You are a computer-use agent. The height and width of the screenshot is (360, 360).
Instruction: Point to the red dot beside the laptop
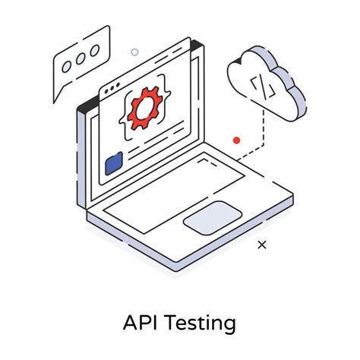point(236,141)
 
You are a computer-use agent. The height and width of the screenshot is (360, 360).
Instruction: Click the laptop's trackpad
point(213,217)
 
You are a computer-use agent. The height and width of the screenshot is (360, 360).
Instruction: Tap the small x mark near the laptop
point(262,245)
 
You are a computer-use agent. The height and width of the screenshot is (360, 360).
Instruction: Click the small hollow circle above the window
point(134,52)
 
